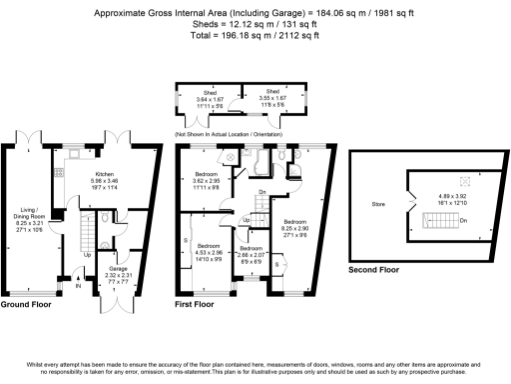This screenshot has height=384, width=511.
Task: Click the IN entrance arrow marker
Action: [x=78, y=288]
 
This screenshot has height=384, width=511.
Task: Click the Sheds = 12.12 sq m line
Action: [x=255, y=24]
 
